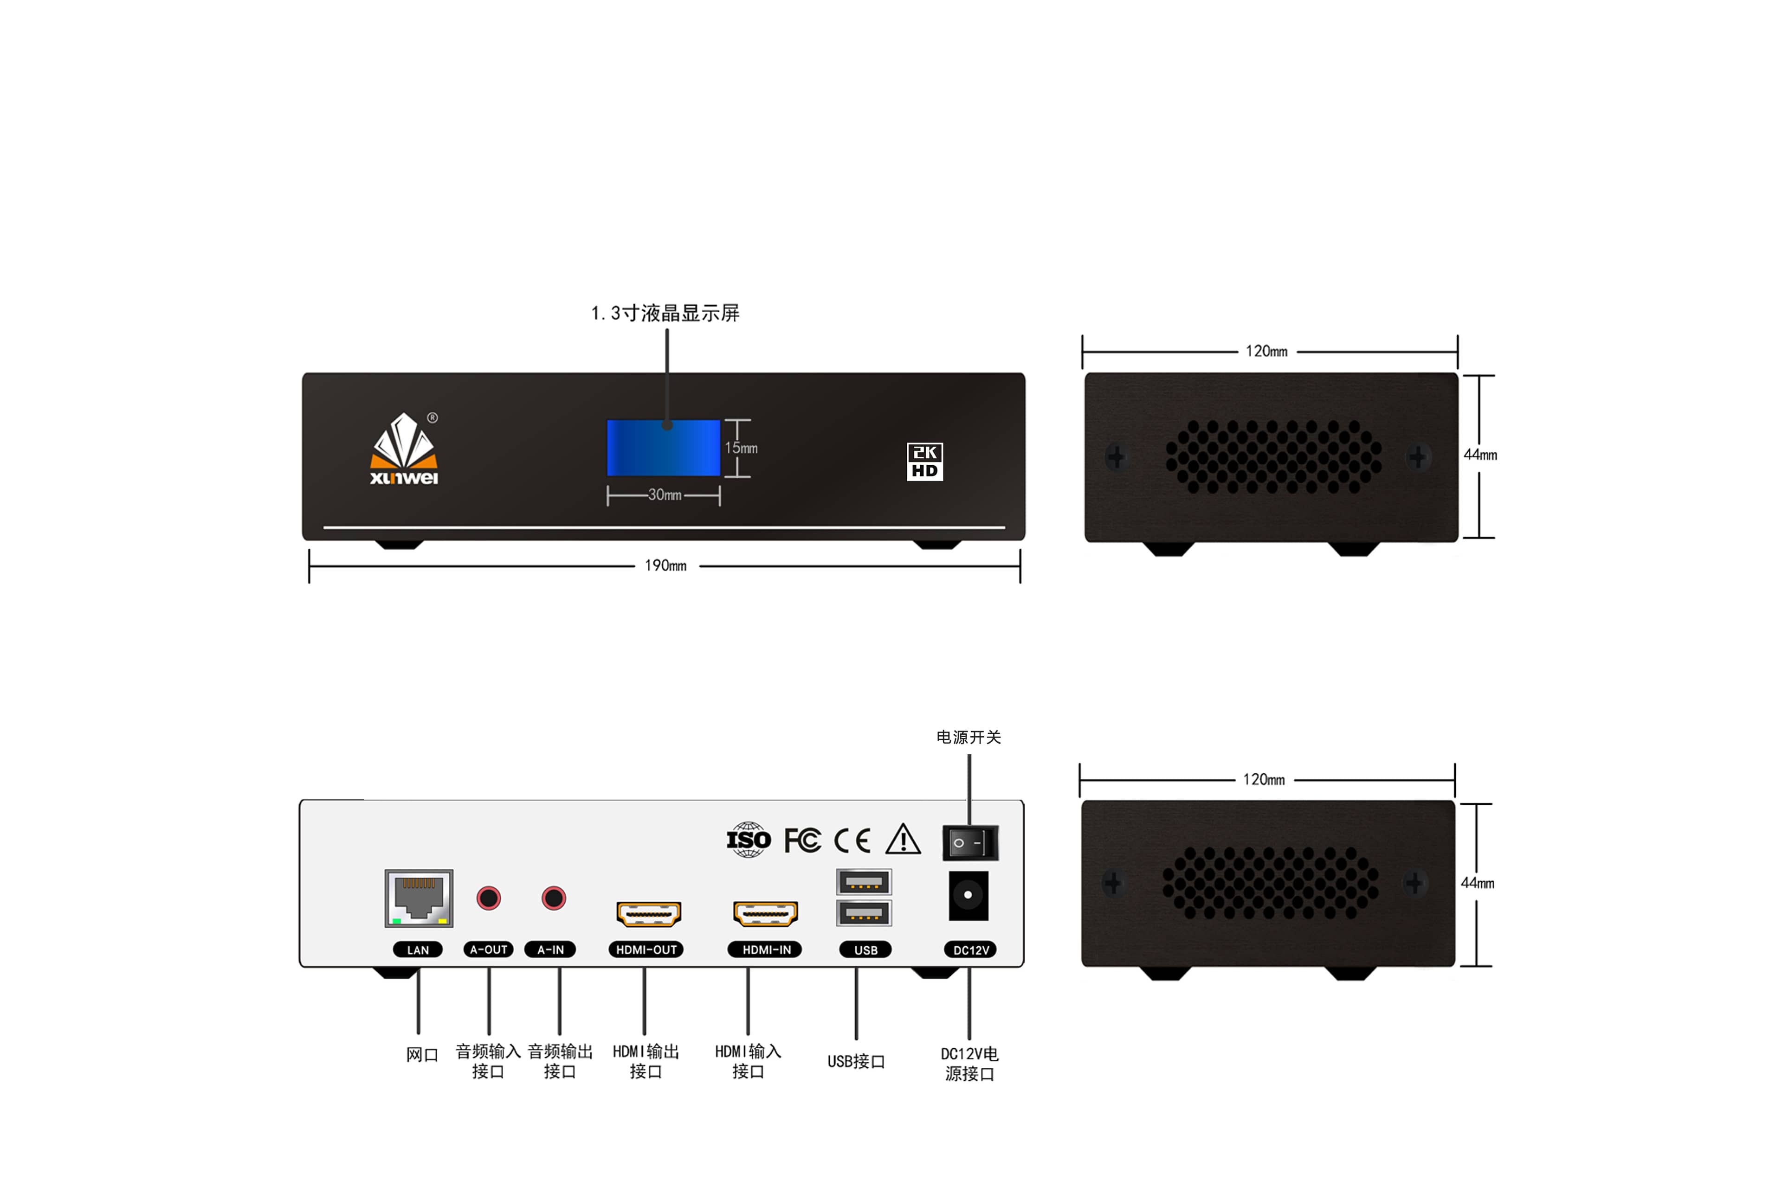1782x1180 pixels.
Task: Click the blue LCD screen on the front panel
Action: (x=663, y=448)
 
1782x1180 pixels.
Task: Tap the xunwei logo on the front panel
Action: (x=404, y=450)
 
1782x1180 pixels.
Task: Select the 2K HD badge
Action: (x=924, y=462)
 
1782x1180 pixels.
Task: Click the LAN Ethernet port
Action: (x=419, y=898)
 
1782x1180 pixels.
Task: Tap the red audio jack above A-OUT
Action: (x=489, y=898)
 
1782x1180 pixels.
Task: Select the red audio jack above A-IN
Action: (x=553, y=898)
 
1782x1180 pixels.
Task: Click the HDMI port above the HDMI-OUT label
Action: (x=648, y=914)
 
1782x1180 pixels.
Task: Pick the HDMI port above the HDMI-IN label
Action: (x=765, y=914)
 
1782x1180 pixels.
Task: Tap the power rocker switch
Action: (x=970, y=843)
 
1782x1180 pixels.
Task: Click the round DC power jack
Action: (x=968, y=896)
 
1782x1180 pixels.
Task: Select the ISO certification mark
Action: (x=749, y=840)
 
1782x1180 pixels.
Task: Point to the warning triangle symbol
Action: (x=903, y=840)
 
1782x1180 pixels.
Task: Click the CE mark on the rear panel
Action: (x=852, y=840)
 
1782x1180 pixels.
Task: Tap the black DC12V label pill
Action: (x=970, y=950)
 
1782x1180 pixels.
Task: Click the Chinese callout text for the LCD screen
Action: (x=665, y=313)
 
